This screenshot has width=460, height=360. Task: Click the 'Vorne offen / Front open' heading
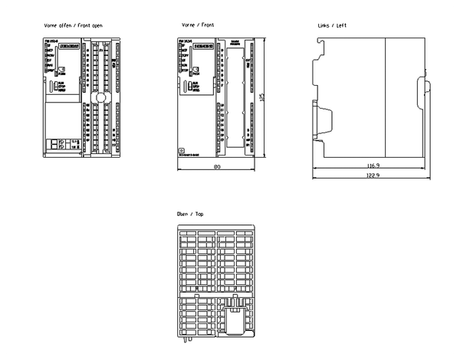click(x=74, y=25)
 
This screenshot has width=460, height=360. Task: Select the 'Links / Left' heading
click(x=333, y=25)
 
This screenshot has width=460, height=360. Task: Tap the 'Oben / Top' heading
click(x=191, y=214)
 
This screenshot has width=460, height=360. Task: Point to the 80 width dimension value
click(x=217, y=166)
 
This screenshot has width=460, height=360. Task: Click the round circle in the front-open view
click(x=97, y=99)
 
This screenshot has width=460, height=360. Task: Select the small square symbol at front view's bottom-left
click(x=180, y=152)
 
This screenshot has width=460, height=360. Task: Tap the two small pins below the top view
click(x=189, y=339)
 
